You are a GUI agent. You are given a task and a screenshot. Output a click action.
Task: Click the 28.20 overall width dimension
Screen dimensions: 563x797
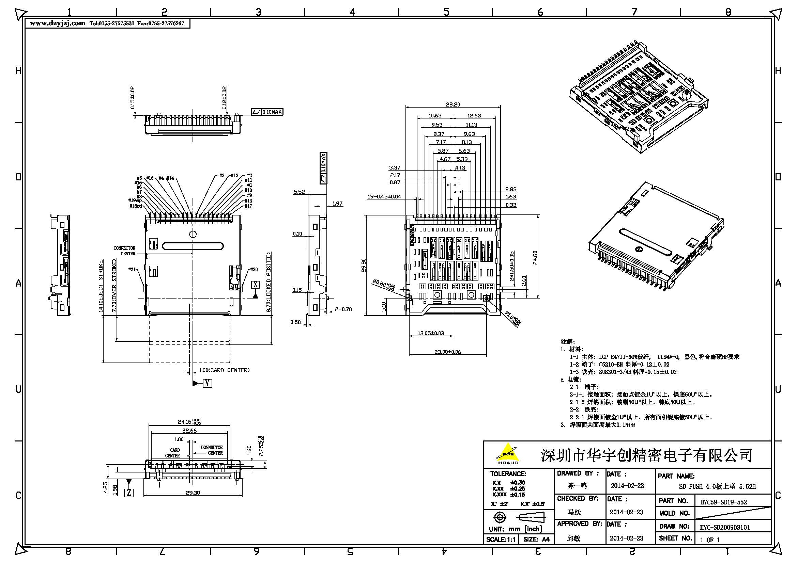[x=453, y=104]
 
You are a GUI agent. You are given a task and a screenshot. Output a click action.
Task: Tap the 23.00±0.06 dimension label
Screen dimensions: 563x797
[x=447, y=352]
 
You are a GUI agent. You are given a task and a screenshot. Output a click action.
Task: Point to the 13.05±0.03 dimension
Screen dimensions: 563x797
[x=430, y=333]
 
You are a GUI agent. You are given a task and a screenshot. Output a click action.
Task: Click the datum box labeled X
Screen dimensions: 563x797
[x=256, y=285]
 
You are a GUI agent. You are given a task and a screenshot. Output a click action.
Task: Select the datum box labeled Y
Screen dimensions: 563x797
[x=207, y=383]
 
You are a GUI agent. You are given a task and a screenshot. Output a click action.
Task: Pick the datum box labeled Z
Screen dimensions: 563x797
[x=129, y=493]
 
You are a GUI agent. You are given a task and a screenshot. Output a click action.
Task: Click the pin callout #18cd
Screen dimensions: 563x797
[x=136, y=206]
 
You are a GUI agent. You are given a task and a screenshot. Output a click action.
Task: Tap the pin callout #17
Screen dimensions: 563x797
[x=248, y=206]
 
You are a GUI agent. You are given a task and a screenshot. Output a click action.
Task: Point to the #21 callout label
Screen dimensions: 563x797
[x=132, y=269]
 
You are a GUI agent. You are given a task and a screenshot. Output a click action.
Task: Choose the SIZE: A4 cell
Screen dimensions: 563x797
[x=536, y=540]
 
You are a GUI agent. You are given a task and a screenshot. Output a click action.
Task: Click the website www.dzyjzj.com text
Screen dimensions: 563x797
[x=57, y=23]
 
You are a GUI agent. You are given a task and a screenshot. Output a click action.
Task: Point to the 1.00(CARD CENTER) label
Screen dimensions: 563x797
[x=224, y=370]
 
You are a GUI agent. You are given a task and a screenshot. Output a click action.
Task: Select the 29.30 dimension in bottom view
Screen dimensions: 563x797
[x=193, y=493]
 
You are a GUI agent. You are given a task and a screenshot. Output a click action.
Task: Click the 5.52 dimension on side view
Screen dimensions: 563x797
[x=299, y=192]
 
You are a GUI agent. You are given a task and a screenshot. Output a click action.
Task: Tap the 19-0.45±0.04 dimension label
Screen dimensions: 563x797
[x=384, y=196]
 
